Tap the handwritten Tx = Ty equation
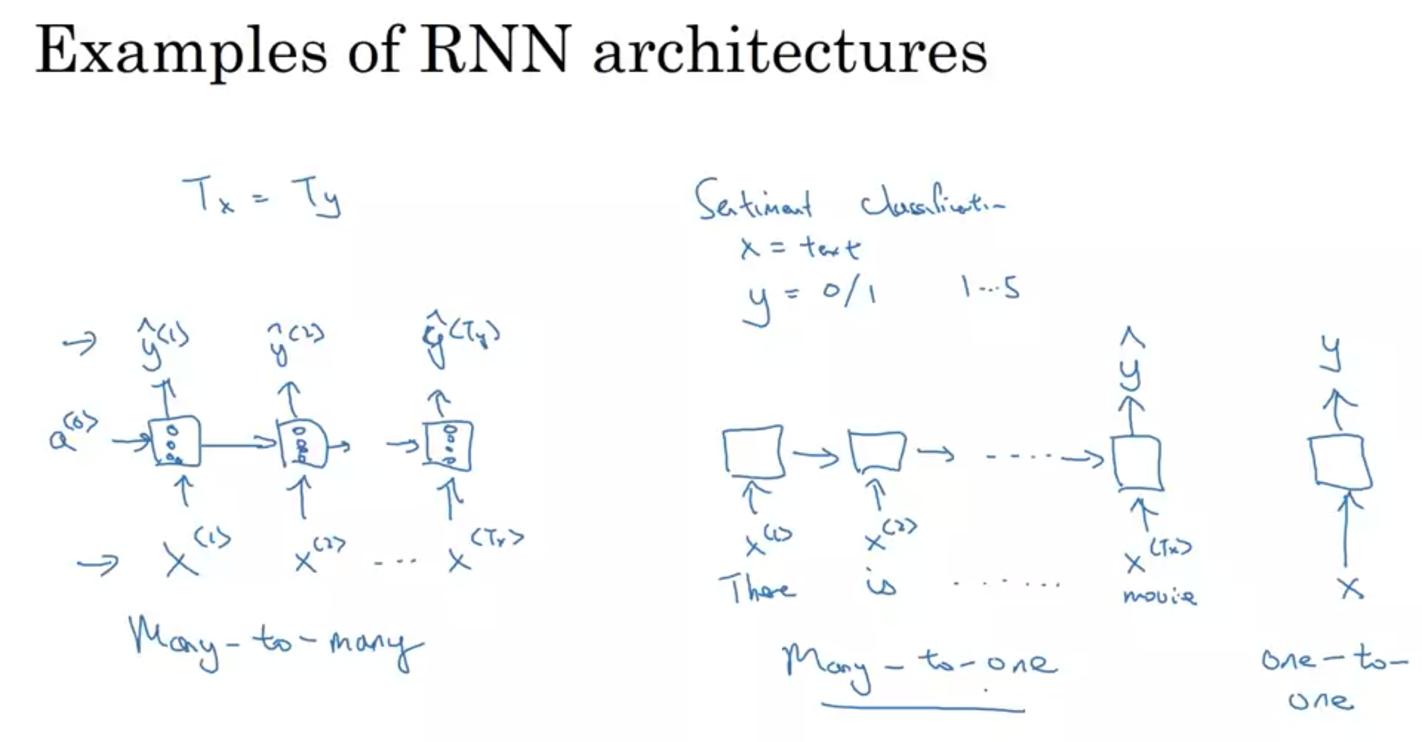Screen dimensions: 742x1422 coord(261,197)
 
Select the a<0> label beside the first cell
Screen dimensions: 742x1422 coord(72,433)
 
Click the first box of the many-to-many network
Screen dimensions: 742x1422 coord(175,441)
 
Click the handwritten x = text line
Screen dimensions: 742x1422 coord(800,248)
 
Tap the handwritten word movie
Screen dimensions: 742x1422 coord(1159,596)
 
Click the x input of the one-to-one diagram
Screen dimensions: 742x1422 coord(1350,587)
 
